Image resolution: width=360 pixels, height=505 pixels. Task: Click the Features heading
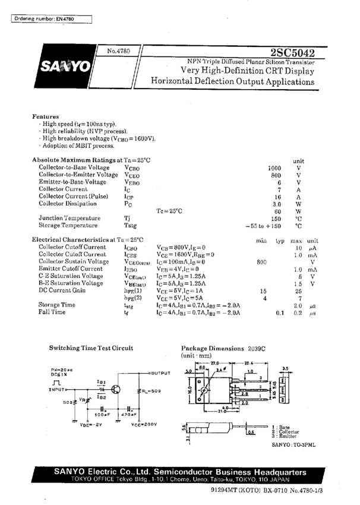pyautogui.click(x=45, y=116)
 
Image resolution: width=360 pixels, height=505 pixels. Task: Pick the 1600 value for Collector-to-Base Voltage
pyautogui.click(x=274, y=168)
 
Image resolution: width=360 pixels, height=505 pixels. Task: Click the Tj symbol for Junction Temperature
pyautogui.click(x=127, y=218)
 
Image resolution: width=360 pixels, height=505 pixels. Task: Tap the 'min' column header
pyautogui.click(x=261, y=239)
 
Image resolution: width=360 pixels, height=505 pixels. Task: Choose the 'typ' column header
pyautogui.click(x=279, y=239)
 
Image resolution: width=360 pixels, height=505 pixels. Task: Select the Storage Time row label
pyautogui.click(x=57, y=305)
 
